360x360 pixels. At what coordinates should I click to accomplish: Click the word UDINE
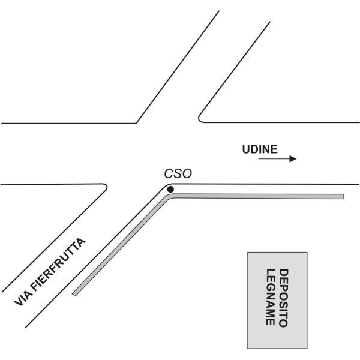(260, 149)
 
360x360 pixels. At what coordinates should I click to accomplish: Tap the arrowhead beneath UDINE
(293, 158)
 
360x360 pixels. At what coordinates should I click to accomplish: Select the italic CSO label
(178, 174)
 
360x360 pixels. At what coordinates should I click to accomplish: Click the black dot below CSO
(170, 190)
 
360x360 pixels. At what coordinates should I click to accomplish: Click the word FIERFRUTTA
(58, 265)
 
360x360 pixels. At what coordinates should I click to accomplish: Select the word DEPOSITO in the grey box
(284, 298)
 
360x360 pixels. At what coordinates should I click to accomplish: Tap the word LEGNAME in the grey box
(271, 297)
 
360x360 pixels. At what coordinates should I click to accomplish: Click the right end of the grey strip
(344, 197)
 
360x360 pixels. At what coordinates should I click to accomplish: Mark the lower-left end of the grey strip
(74, 294)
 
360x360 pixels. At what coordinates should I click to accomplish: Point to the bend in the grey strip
(169, 196)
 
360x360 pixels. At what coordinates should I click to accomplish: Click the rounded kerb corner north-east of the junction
(199, 119)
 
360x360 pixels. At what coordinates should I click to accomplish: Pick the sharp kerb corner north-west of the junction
(136, 123)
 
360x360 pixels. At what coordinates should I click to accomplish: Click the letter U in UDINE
(246, 149)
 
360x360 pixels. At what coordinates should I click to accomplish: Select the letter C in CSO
(168, 174)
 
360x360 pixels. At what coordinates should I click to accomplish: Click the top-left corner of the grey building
(248, 253)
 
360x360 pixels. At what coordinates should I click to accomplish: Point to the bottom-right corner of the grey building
(307, 348)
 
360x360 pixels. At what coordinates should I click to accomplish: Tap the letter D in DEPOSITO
(284, 273)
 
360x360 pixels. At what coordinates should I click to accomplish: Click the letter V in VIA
(19, 302)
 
